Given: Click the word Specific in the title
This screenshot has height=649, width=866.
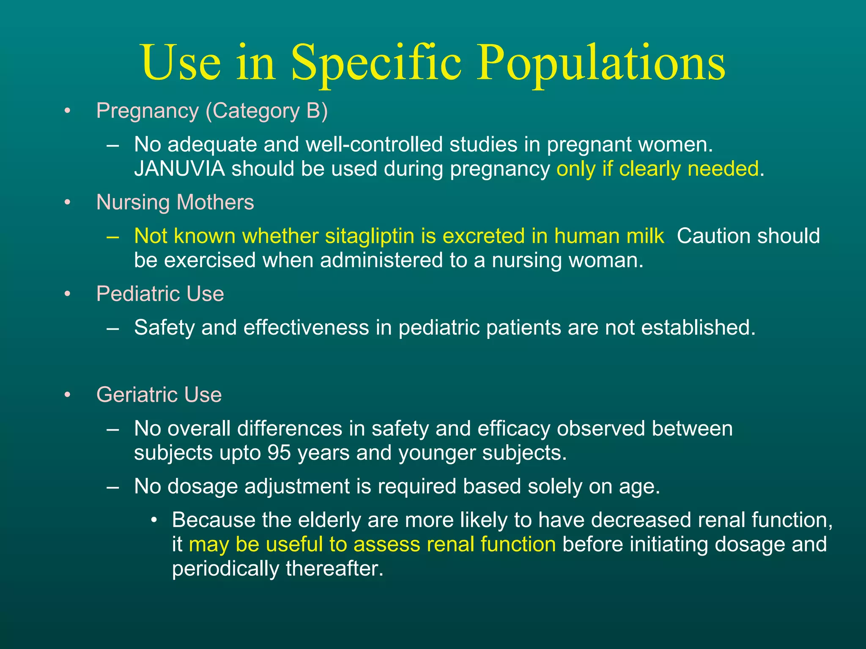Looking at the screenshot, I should [x=376, y=63].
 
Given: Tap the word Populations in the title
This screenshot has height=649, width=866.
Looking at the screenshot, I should [x=601, y=63].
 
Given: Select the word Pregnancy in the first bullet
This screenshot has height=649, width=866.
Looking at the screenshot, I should [x=147, y=112].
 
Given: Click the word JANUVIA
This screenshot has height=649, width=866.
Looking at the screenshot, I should [x=179, y=169].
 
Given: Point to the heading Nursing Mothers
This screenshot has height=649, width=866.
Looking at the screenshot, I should [x=175, y=202].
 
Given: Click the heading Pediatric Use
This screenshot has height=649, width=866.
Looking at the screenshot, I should [x=160, y=294].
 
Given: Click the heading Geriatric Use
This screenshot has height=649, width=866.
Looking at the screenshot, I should [x=159, y=395].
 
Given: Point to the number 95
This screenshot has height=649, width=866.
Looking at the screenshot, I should [x=279, y=453].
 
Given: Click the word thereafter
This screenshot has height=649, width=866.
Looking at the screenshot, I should [x=334, y=569].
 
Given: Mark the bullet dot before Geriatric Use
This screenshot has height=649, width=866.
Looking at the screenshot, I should [x=67, y=395].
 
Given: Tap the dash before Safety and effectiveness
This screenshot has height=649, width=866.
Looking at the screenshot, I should [x=113, y=328].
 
